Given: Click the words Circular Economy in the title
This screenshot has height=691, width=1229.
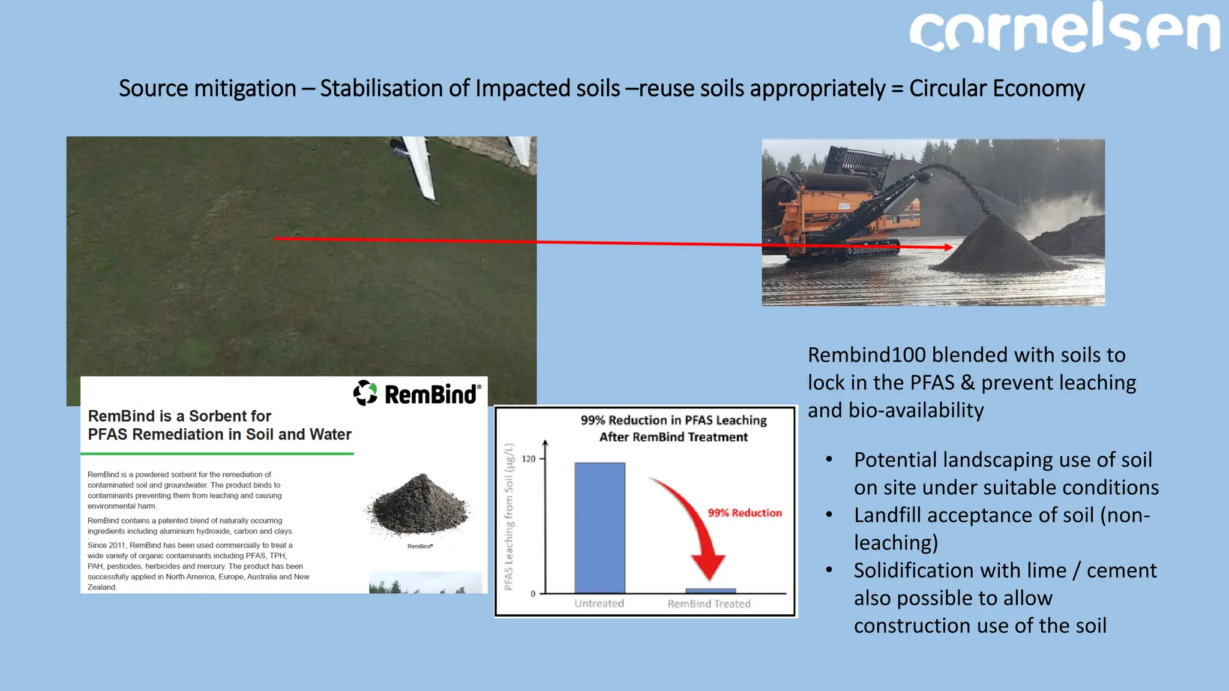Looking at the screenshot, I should [996, 89].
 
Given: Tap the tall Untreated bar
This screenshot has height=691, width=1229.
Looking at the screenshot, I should [599, 527].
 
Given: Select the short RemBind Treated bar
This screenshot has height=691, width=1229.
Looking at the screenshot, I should [711, 590].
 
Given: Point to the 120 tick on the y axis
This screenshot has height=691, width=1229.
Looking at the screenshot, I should [529, 459].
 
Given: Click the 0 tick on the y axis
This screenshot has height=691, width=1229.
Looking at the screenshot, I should [533, 594].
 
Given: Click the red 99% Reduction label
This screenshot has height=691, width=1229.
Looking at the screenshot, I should [744, 513].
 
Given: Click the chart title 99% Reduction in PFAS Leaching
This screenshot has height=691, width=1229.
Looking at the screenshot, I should [673, 420].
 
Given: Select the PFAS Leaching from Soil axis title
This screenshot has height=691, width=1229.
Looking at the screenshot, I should [509, 516].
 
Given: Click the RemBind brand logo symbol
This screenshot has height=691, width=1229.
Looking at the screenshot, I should [365, 393].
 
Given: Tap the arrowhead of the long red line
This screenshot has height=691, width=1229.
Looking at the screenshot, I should [948, 247].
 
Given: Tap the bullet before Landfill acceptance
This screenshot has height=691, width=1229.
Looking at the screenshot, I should [829, 515].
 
